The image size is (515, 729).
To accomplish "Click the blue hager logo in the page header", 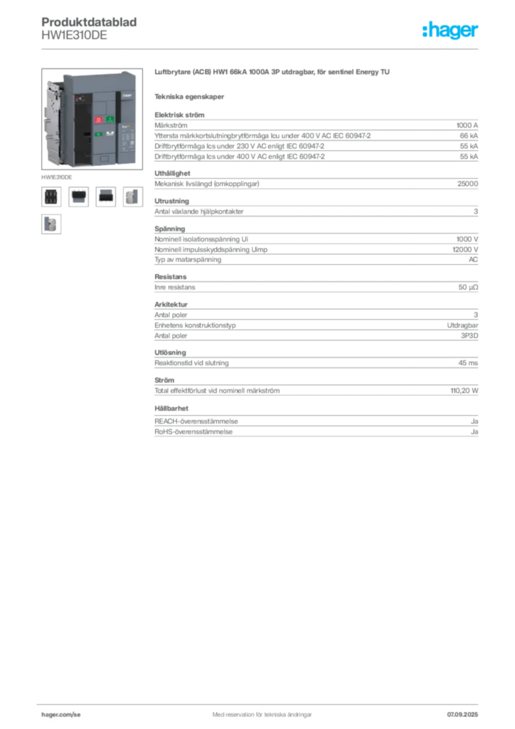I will [x=452, y=31].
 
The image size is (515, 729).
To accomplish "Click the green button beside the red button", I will [x=110, y=120].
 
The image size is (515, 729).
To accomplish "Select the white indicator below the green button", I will [x=110, y=133].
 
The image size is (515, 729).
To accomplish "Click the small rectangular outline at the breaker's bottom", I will [x=105, y=158].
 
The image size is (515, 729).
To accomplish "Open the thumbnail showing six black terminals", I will [x=51, y=196].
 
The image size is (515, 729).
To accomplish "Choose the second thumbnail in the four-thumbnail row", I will [x=78, y=196].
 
